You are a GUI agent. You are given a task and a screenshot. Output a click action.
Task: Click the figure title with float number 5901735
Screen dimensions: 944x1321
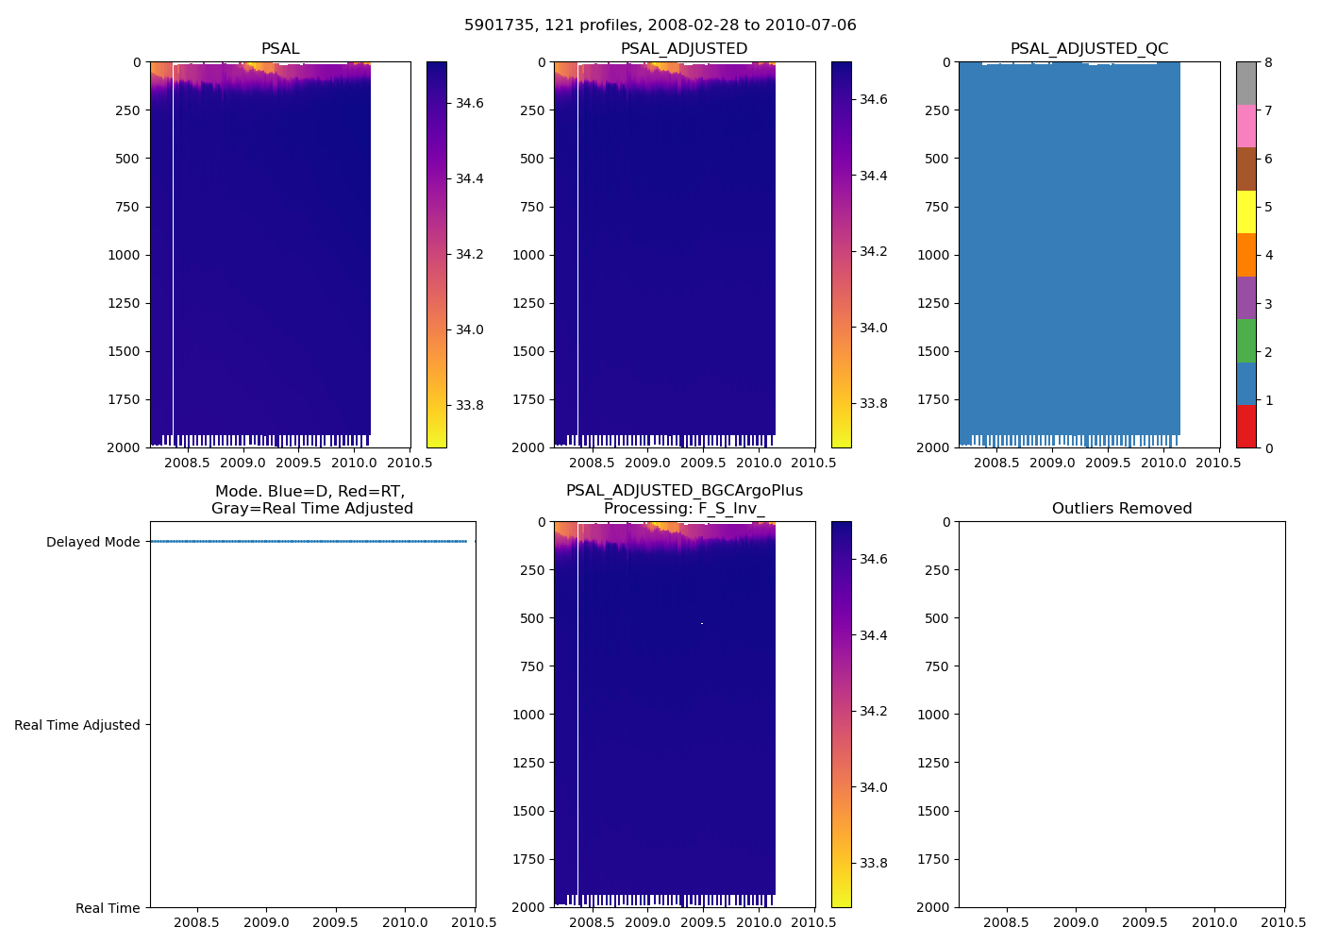[660, 25]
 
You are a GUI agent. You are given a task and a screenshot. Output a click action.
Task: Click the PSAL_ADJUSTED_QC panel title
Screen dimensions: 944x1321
[1089, 49]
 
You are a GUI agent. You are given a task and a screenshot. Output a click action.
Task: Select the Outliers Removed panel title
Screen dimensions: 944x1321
[1122, 509]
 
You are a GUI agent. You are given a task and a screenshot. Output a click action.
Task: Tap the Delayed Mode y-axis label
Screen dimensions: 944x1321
[92, 542]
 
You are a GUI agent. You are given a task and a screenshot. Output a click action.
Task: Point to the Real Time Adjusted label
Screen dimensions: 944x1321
[77, 725]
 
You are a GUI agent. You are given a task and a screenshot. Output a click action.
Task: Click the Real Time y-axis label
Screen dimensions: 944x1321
[108, 908]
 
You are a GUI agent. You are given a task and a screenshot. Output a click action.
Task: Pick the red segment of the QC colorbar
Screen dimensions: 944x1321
[1246, 426]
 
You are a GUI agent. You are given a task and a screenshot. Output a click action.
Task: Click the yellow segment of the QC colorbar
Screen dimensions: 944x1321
[1246, 211]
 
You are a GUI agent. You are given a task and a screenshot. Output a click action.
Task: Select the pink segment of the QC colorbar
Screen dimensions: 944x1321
[1246, 126]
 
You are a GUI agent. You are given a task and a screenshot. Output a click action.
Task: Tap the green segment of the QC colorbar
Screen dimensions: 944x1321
[1246, 340]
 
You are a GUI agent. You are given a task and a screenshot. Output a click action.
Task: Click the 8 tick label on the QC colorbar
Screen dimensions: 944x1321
[1268, 62]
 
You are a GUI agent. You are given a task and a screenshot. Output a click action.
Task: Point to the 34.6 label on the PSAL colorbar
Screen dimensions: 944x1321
[469, 103]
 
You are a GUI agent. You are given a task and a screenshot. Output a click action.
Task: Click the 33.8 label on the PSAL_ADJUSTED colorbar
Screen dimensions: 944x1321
[873, 403]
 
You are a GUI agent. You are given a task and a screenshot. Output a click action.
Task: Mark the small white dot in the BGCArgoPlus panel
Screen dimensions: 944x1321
[702, 623]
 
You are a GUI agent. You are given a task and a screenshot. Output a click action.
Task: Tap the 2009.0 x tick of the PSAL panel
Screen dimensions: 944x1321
[243, 463]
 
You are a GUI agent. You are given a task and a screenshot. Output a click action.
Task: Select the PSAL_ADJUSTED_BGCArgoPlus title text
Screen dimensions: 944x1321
[684, 491]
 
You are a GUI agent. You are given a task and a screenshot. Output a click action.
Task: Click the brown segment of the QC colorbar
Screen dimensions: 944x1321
[1246, 169]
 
